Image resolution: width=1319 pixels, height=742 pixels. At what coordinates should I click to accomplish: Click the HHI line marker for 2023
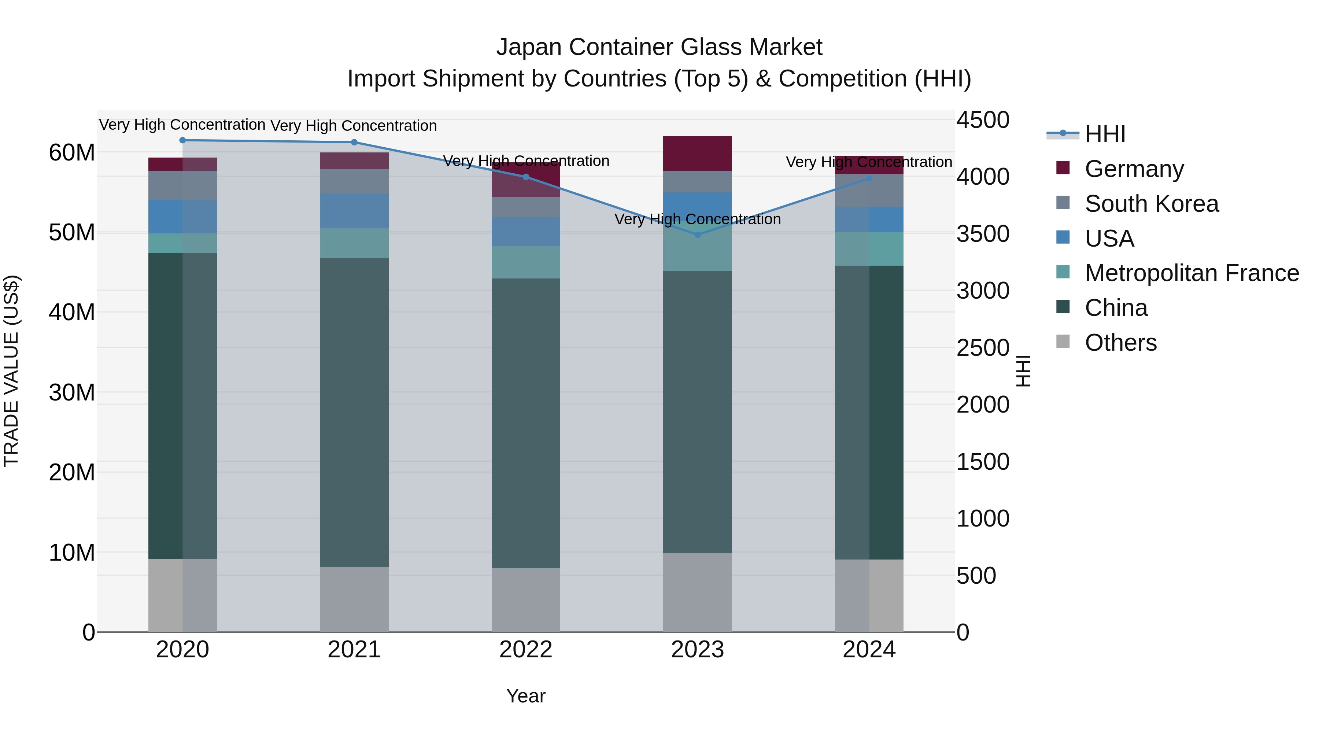(x=697, y=235)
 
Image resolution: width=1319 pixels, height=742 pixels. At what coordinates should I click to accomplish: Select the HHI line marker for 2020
(x=182, y=140)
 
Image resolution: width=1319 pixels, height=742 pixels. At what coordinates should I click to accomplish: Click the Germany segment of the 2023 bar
(x=697, y=154)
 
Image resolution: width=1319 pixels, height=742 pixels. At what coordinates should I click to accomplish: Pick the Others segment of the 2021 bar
(x=354, y=599)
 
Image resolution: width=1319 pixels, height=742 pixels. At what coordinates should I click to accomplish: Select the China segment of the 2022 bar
(x=526, y=423)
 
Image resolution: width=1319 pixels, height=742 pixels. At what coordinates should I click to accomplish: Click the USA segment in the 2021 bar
(x=354, y=211)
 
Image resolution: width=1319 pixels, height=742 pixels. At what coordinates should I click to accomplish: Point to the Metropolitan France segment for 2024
(x=869, y=249)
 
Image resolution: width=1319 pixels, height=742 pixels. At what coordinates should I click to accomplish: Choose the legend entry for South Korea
(x=1151, y=204)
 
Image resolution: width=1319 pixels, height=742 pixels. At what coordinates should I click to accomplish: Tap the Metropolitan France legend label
(x=1191, y=273)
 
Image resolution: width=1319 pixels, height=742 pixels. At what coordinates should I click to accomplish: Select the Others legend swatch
(x=1063, y=342)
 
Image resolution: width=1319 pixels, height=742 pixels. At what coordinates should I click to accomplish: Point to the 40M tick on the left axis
(x=72, y=312)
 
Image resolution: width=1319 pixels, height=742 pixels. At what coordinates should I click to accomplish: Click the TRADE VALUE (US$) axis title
(x=11, y=371)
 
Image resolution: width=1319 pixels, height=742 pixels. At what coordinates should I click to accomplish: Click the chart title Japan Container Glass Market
(x=659, y=47)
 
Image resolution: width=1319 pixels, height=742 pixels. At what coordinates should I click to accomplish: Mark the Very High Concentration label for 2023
(x=697, y=219)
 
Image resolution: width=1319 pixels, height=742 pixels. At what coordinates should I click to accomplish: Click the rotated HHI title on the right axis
(x=1023, y=371)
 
